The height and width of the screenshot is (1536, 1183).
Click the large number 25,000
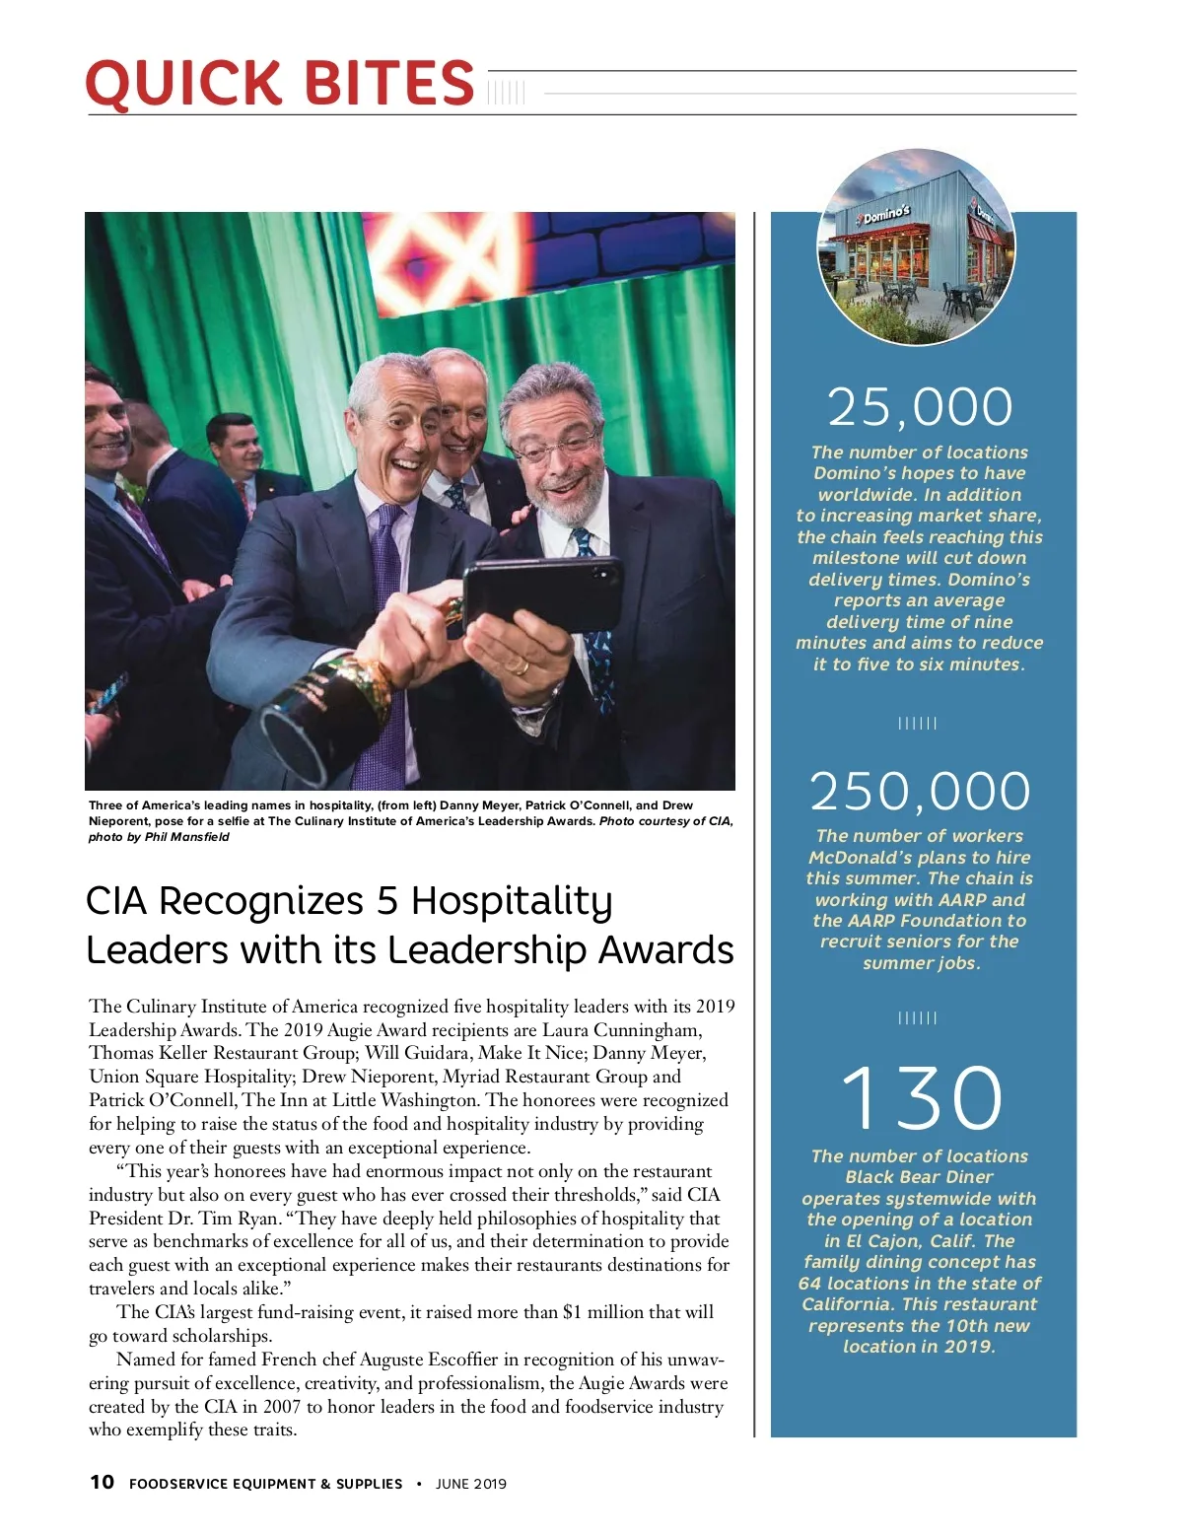click(x=920, y=407)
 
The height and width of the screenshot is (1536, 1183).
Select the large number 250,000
click(x=920, y=791)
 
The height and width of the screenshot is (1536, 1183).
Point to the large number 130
click(x=922, y=1097)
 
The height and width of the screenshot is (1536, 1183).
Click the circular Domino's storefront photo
click(x=917, y=246)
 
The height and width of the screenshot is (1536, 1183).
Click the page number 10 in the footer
click(x=102, y=1482)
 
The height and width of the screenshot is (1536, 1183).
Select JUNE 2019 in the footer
click(x=471, y=1484)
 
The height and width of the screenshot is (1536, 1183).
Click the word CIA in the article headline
click(x=116, y=901)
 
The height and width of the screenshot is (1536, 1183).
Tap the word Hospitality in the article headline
click(x=512, y=901)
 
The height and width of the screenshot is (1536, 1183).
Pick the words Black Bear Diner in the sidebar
click(x=919, y=1177)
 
